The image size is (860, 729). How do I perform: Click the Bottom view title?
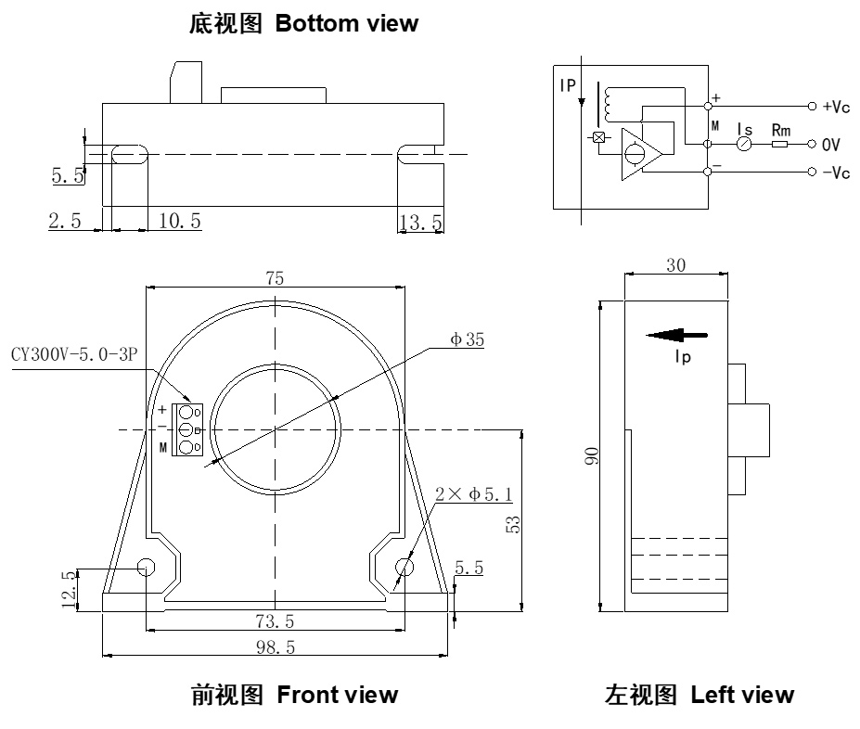[303, 24]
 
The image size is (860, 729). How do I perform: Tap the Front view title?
[295, 694]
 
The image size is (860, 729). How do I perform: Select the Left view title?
[699, 694]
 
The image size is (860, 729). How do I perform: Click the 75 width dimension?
[275, 278]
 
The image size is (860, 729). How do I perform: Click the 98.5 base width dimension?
[276, 647]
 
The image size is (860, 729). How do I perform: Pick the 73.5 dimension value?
[275, 620]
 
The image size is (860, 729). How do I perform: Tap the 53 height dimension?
[512, 524]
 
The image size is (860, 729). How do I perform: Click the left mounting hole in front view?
[147, 567]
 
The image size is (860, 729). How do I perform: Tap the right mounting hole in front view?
[404, 567]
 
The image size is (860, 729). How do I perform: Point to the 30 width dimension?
[676, 265]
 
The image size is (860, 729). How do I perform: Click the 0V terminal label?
[831, 145]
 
